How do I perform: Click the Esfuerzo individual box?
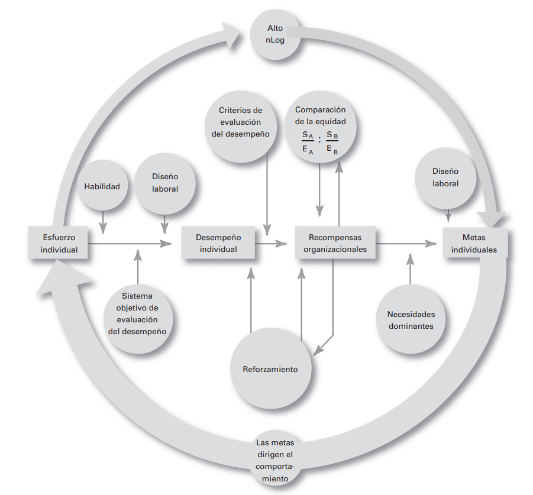coord(59,242)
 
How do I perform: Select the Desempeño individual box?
coord(218,243)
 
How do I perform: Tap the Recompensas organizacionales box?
coord(335,243)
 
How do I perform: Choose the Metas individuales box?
coord(474,243)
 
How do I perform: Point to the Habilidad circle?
coord(101,187)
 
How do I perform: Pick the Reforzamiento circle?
coord(270,369)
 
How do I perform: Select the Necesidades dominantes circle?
coord(411,320)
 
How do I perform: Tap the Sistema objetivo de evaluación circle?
coord(137,313)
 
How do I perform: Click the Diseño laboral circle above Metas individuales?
coord(445,177)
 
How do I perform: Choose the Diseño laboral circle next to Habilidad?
coord(164,183)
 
